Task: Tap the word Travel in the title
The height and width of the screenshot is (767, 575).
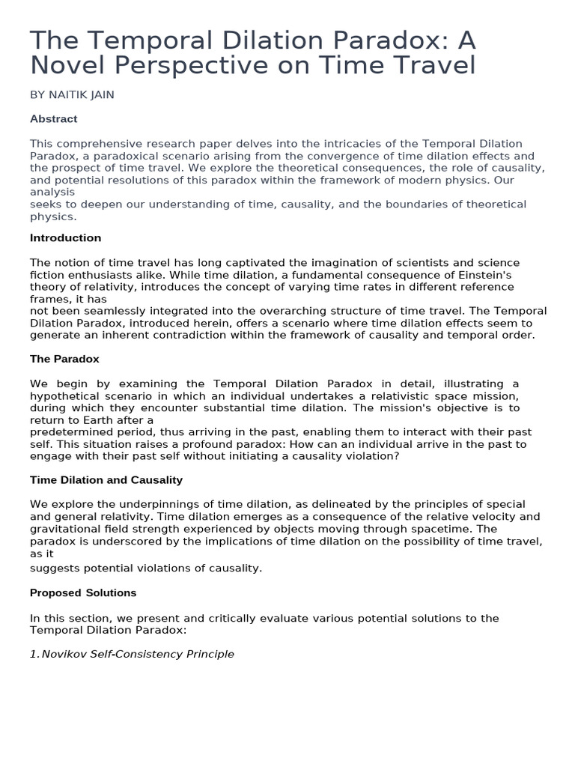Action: pos(436,66)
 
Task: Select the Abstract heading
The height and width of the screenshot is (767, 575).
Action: pos(53,119)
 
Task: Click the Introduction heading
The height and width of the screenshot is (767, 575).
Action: pos(65,238)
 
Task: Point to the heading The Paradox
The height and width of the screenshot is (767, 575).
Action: pos(64,359)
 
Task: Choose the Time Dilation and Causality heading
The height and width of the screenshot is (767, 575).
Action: pos(106,479)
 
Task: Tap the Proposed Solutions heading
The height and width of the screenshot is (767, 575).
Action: pos(83,592)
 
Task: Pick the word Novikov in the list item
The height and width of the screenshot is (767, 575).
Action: pos(62,654)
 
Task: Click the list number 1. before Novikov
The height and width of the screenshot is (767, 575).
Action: pos(34,654)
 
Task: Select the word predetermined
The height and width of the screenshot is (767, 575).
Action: pos(68,432)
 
